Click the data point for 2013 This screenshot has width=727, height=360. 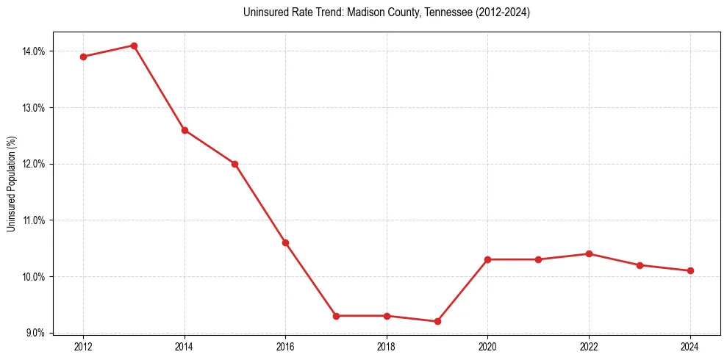134,46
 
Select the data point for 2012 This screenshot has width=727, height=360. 83,57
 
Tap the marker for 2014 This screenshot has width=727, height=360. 185,130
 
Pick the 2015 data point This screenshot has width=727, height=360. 235,164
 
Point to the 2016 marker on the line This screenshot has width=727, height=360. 285,242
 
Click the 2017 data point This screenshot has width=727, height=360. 336,316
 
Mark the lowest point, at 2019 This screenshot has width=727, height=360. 437,321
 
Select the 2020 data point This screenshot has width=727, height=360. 487,259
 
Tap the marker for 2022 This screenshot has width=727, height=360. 589,253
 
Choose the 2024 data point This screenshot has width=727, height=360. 690,270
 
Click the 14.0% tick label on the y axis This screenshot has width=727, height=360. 35,51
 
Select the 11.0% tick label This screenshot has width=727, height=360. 35,220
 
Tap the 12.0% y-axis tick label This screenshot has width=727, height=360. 35,164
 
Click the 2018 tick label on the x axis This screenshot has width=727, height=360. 387,347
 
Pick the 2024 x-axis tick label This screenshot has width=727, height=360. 690,347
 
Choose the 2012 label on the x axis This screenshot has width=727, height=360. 83,347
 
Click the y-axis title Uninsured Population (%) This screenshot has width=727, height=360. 12,184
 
